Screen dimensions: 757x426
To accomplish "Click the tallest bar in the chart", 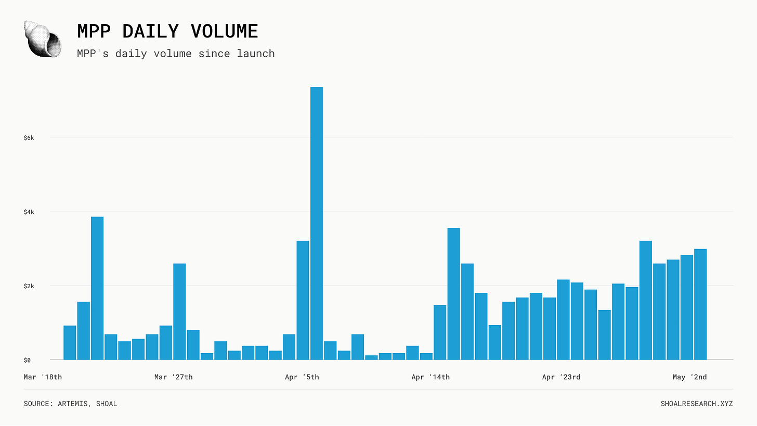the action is click(x=316, y=223).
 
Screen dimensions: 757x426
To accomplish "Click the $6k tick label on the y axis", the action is click(x=29, y=138).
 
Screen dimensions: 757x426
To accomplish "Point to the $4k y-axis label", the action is click(x=29, y=212).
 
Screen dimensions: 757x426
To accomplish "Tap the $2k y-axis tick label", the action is click(x=29, y=287).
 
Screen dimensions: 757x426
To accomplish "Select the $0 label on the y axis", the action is click(x=27, y=360).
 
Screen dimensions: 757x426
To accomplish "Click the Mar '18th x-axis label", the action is click(x=43, y=377).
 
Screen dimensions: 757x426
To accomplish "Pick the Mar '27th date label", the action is click(x=173, y=377).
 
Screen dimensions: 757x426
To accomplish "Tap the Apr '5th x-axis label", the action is click(x=302, y=377).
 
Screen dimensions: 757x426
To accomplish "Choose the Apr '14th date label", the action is click(x=430, y=377).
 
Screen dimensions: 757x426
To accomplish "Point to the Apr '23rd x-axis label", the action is click(x=561, y=377).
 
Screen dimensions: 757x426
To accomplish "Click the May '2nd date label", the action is click(x=689, y=377).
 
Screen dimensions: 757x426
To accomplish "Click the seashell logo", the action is click(x=43, y=38).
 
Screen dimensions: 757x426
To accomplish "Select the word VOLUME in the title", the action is click(x=225, y=31).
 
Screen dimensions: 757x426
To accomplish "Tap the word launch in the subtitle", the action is click(x=255, y=54).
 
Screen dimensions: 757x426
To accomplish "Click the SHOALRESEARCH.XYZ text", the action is click(x=697, y=404).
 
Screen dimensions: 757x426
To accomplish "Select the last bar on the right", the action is click(x=700, y=304).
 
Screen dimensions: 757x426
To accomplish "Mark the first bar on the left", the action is click(x=70, y=342).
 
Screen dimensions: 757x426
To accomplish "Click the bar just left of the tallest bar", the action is click(x=303, y=300).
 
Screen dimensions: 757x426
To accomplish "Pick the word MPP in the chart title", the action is click(x=94, y=31).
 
